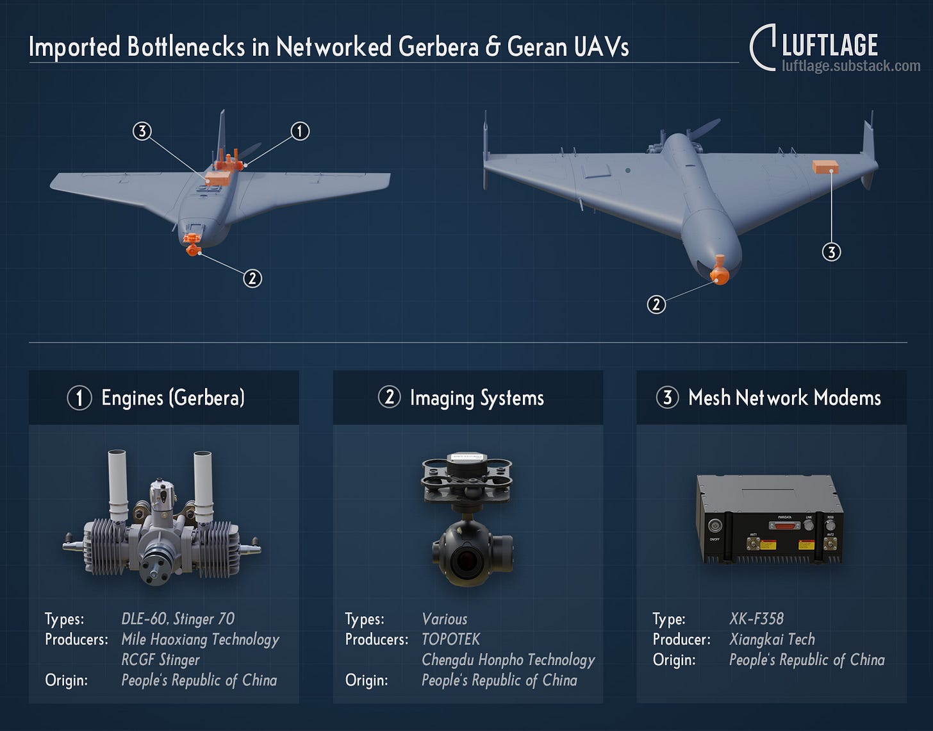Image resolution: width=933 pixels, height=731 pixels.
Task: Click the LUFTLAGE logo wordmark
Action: coord(829,46)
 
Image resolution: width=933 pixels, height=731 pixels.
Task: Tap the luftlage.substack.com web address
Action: coord(851,66)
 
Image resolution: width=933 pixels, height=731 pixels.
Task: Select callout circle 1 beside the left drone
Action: coord(300,131)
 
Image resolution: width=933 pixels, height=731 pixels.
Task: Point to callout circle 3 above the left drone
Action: coord(142,131)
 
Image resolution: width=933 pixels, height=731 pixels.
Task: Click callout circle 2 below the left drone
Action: coord(252,278)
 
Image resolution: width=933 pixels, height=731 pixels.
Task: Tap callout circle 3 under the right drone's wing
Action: coord(831,252)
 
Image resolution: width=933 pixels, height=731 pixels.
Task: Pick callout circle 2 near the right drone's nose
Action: coord(656,304)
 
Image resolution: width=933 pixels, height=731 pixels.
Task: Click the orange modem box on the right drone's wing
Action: coord(825,167)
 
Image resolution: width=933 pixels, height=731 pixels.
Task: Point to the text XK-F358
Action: coord(756,619)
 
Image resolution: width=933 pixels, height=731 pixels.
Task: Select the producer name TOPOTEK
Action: coord(450,639)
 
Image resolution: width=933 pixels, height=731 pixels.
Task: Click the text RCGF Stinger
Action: coord(160,660)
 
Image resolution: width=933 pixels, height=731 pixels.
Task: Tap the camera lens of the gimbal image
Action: coord(466,560)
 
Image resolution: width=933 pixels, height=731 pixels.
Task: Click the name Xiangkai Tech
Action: coord(772,639)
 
